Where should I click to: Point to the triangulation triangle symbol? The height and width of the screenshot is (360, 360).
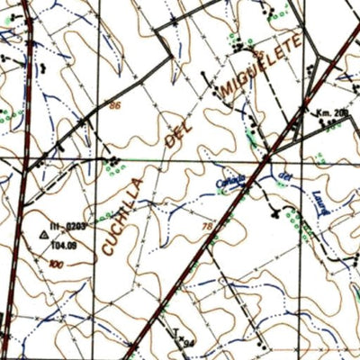point(42,234)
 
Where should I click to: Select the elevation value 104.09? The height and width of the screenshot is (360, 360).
point(64,243)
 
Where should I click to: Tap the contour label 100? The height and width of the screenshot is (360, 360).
point(58,264)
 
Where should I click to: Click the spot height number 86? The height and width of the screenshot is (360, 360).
point(114,105)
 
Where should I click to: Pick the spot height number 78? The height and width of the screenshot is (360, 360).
point(208,226)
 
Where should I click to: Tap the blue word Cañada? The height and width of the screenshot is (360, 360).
point(231,177)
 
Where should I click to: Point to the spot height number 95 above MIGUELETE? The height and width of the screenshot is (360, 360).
point(260,56)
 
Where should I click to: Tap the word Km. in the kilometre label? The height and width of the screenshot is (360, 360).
point(322,112)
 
